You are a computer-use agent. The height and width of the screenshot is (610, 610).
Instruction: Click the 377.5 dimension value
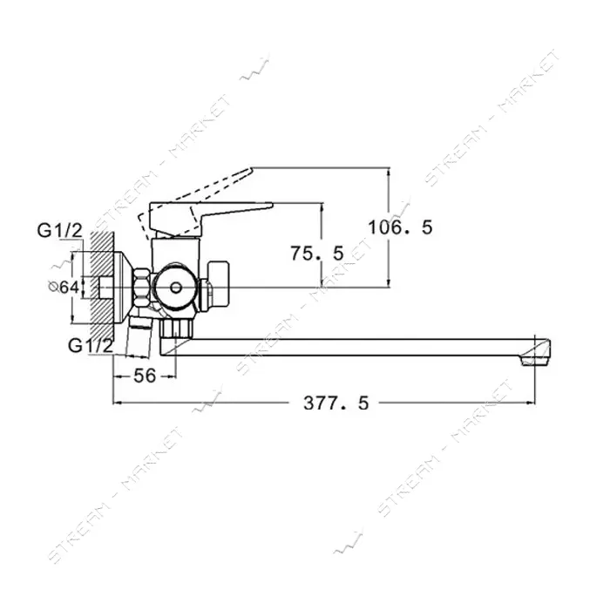coord(335,403)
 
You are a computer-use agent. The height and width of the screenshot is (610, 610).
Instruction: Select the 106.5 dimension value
coord(400,227)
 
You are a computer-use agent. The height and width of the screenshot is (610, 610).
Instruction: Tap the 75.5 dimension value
coord(317,254)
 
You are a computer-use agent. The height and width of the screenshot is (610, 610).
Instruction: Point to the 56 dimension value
coord(145,376)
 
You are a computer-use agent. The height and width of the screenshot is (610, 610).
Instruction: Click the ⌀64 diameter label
coord(64,287)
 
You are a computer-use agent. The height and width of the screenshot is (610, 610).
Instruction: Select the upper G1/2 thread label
coord(60,231)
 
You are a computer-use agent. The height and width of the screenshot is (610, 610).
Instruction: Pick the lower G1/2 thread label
coord(91,345)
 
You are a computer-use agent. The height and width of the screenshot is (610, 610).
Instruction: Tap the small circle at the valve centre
coord(176,288)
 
